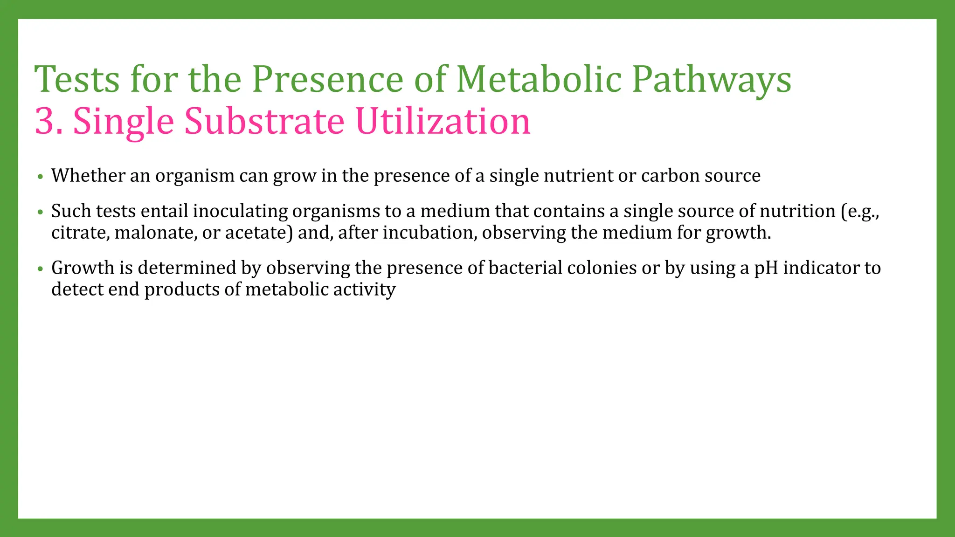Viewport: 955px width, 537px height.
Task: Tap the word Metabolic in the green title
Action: coord(539,79)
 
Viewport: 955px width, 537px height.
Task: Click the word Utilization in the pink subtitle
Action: coord(443,121)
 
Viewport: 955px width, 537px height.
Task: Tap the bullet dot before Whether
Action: coord(41,177)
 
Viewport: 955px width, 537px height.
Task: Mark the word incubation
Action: coord(429,233)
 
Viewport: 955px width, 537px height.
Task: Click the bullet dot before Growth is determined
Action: coord(41,269)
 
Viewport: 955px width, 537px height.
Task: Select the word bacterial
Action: coord(526,268)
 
